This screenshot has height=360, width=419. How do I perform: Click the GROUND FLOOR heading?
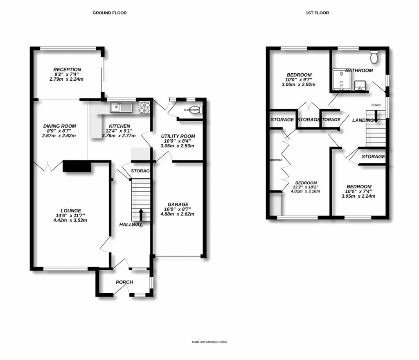coord(109,13)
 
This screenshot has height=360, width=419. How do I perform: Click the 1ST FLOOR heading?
coord(317,13)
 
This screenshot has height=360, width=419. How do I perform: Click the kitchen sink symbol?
coord(121,108)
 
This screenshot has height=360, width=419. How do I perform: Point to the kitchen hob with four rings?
coord(145,107)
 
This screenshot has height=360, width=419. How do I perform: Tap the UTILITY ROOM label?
coord(178,136)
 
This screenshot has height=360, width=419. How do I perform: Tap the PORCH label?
coord(124,282)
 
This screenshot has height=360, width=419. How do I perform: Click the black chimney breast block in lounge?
coord(77,167)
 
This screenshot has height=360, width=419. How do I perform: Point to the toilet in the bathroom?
coord(374,57)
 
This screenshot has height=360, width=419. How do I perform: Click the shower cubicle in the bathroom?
coord(340,79)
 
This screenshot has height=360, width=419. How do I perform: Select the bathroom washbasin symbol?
coord(360,85)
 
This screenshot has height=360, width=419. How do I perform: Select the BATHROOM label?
coord(359,70)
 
